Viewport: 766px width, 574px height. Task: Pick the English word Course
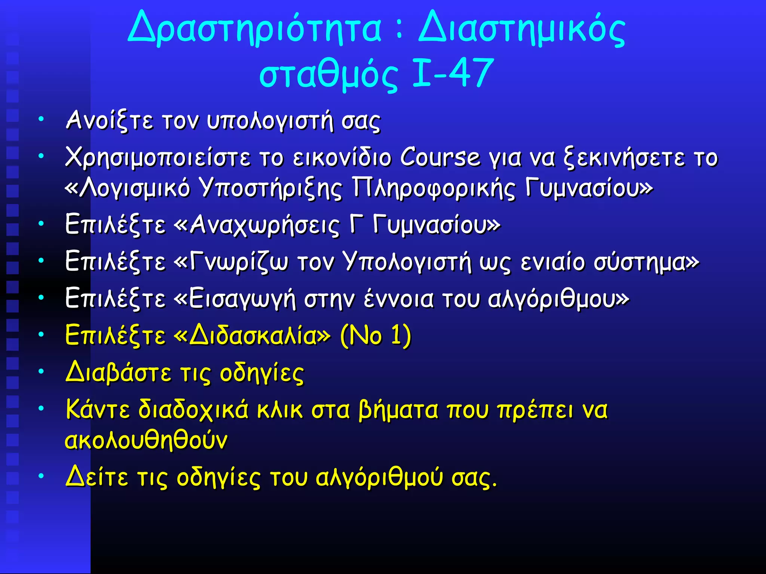click(440, 157)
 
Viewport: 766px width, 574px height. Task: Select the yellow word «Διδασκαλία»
click(252, 335)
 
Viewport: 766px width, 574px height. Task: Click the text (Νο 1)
click(376, 335)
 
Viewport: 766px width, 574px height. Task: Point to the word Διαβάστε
click(118, 373)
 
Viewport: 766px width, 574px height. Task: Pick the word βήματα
click(398, 410)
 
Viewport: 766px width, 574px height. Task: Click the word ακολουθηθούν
click(146, 440)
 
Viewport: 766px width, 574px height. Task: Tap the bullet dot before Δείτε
click(41, 476)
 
